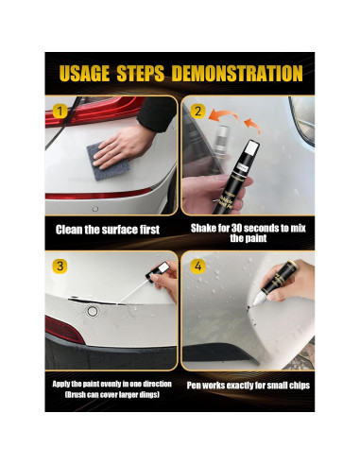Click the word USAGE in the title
pyautogui.click(x=84, y=74)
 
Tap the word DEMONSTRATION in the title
pyautogui.click(x=237, y=74)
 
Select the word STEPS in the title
pyautogui.click(x=141, y=74)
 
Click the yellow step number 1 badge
pyautogui.click(x=60, y=112)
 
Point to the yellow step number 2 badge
pyautogui.click(x=197, y=112)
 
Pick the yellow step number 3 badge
pyautogui.click(x=60, y=267)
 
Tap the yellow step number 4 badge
pyautogui.click(x=197, y=267)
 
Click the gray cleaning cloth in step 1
pyautogui.click(x=108, y=162)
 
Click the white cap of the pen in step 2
pyautogui.click(x=252, y=147)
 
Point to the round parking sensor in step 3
pyautogui.click(x=93, y=312)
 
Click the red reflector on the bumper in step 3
pyautogui.click(x=64, y=330)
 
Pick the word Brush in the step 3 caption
pyautogui.click(x=76, y=395)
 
